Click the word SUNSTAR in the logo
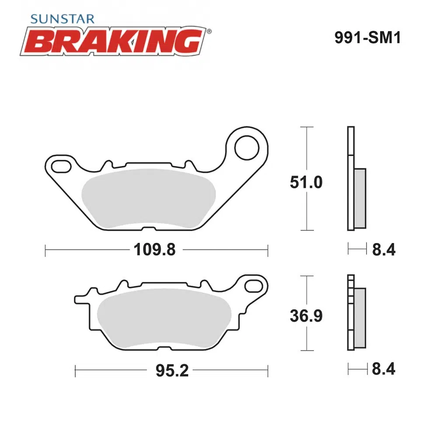pos(62,19)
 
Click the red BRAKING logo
pos(113,41)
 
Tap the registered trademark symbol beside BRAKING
pos(209,31)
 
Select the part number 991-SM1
pos(368,37)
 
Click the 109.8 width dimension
pos(155,250)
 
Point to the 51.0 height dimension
pos(306,182)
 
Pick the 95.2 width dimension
pos(172,371)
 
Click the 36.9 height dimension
pos(306,316)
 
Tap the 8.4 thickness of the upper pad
pos(384,250)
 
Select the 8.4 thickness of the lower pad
pos(384,369)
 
